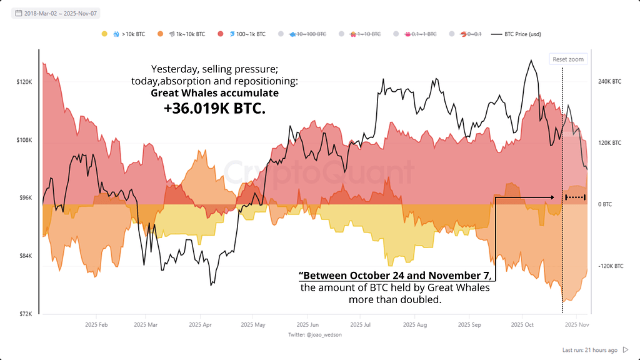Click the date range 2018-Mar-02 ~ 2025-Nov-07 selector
(x=57, y=13)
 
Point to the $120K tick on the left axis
(x=24, y=82)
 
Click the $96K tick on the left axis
(x=26, y=198)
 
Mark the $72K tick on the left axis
(x=26, y=314)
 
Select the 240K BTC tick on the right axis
(x=610, y=82)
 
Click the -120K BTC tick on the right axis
(x=611, y=266)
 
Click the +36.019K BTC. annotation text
(x=214, y=109)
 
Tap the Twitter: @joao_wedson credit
(x=315, y=335)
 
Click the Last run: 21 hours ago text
(x=590, y=350)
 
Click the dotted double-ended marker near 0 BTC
(x=575, y=197)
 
